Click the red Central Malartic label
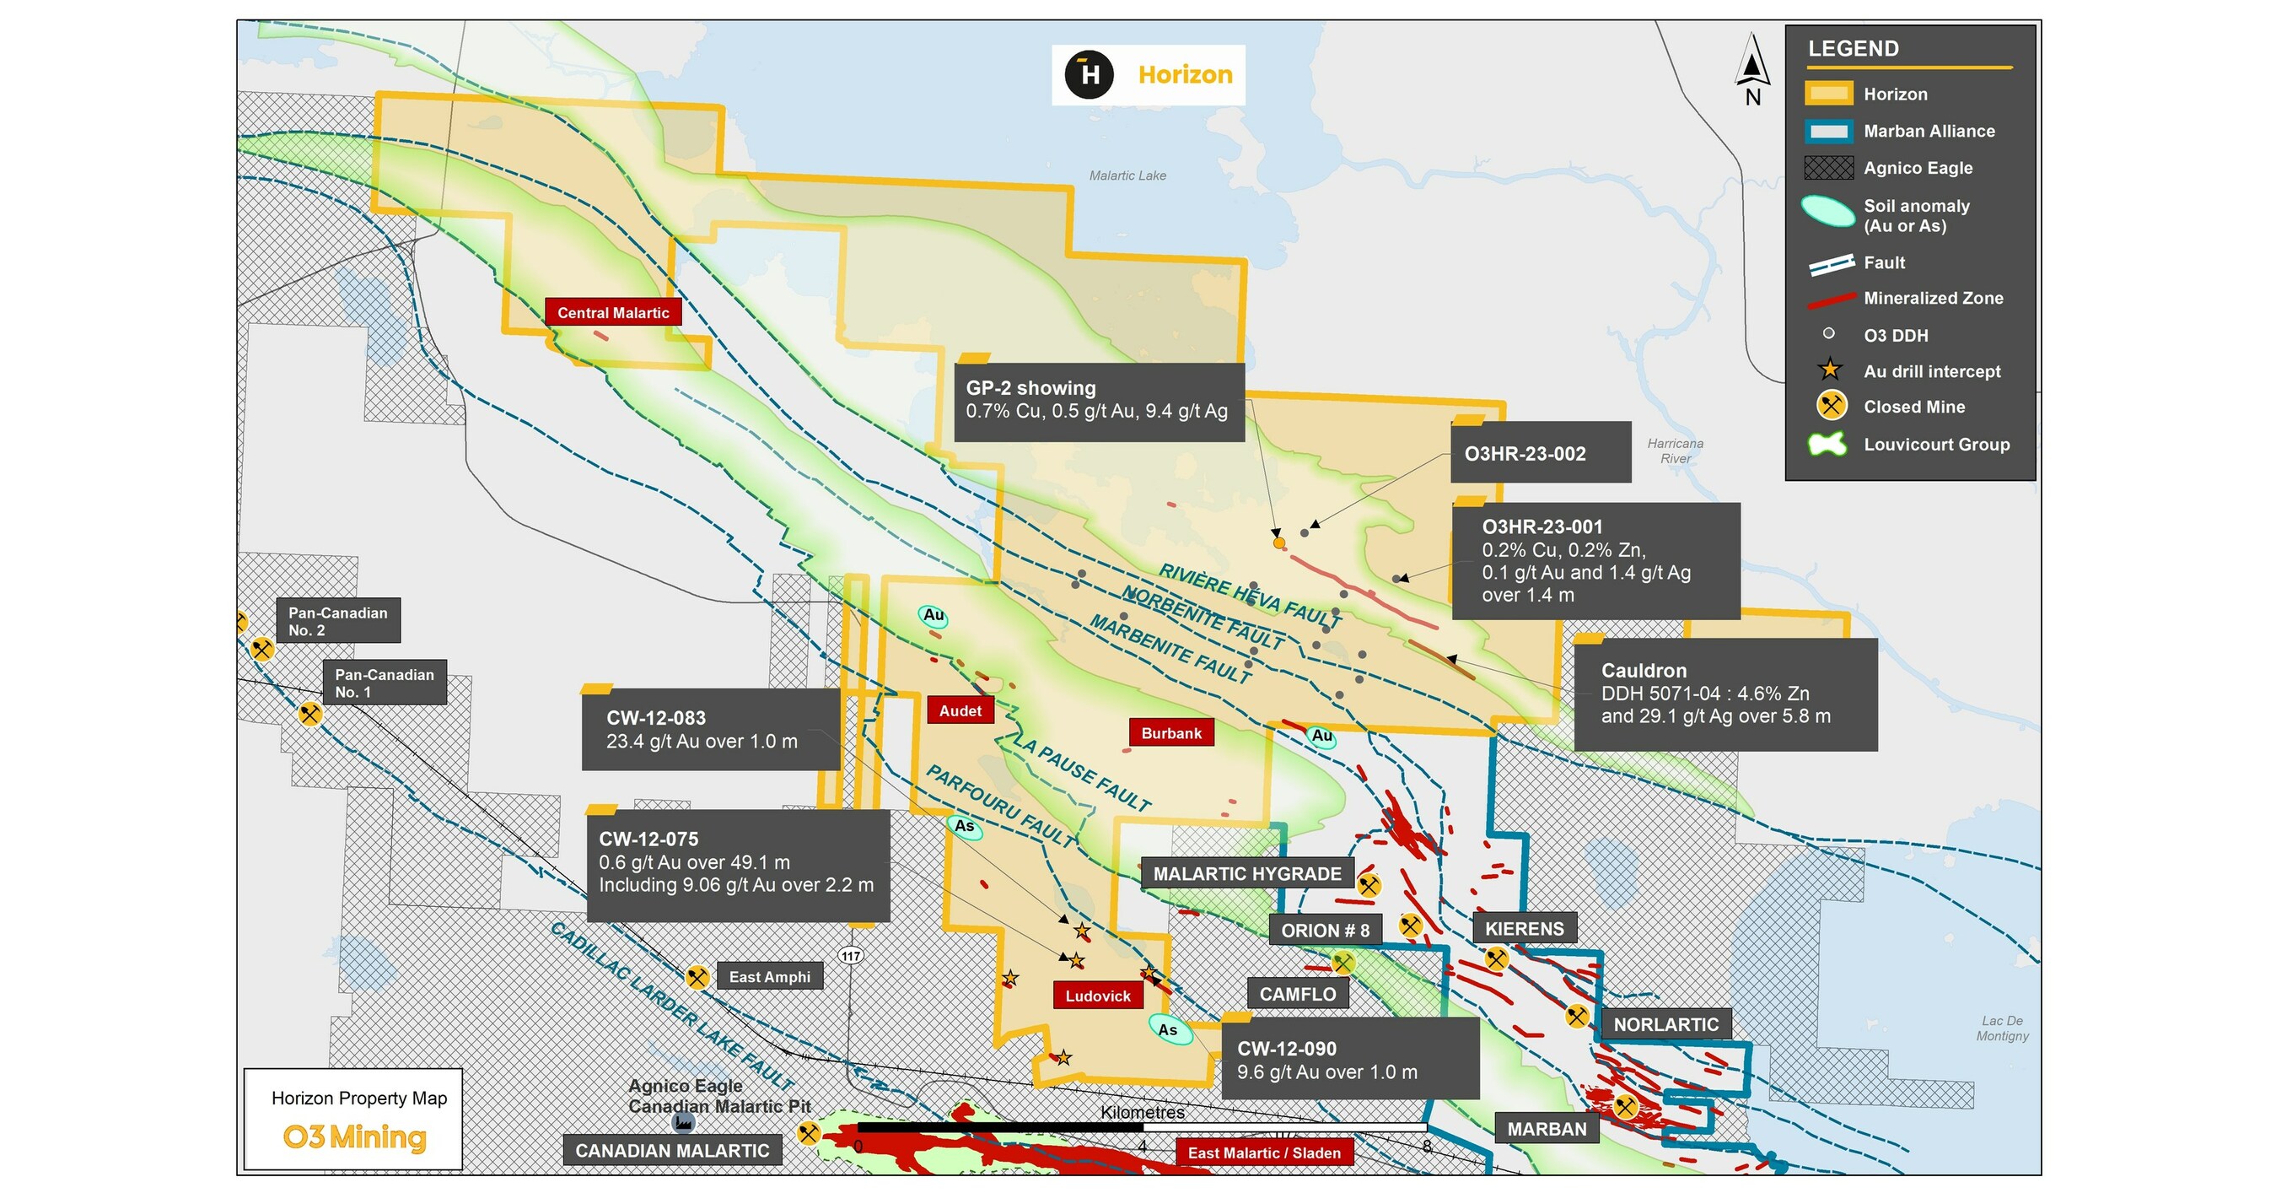tap(612, 313)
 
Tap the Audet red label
tap(960, 710)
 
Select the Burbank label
tap(1170, 732)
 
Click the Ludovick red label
tap(1097, 996)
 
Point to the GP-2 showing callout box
tap(1099, 400)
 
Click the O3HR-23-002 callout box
tap(1540, 453)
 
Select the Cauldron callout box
tap(1724, 694)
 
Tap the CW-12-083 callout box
tap(710, 730)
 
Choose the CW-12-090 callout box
tap(1349, 1060)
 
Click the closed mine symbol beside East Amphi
tap(697, 976)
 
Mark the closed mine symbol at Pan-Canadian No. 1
tap(309, 713)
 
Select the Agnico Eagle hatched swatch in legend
tap(1828, 168)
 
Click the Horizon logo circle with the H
tap(1089, 74)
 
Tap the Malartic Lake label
tap(1127, 175)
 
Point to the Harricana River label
tap(1676, 451)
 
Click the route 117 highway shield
tap(851, 955)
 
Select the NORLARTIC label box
tap(1665, 1024)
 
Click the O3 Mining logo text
tap(354, 1136)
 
